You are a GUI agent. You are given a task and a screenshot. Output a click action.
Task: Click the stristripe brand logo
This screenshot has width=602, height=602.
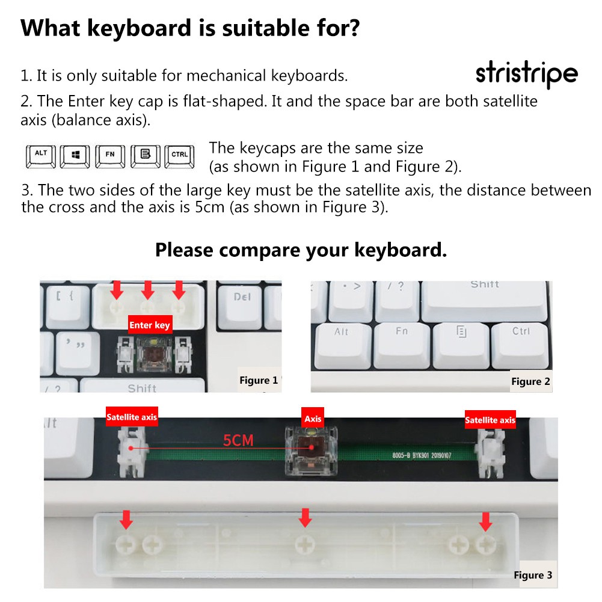click(x=526, y=75)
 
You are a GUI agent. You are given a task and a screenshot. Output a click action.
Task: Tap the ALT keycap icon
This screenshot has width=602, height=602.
click(x=41, y=155)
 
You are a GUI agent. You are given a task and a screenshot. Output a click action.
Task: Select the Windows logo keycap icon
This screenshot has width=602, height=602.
click(x=76, y=155)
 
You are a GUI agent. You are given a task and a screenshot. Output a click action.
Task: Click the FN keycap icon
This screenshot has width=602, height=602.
click(x=110, y=155)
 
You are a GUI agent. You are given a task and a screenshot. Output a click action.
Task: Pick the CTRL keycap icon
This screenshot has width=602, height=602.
click(x=179, y=155)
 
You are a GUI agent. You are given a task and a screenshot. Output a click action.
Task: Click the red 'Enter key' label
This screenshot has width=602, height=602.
click(x=150, y=325)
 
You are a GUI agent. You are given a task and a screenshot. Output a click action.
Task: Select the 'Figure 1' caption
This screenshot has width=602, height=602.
click(x=259, y=380)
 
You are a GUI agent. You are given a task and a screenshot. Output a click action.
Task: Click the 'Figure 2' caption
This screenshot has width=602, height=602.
click(x=530, y=381)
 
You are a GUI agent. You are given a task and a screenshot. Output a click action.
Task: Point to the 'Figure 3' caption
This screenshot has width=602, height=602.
click(x=532, y=575)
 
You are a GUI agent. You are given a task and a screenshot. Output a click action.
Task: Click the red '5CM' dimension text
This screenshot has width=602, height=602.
click(x=238, y=440)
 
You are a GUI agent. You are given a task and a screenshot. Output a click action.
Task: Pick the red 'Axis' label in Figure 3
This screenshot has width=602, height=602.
click(x=313, y=419)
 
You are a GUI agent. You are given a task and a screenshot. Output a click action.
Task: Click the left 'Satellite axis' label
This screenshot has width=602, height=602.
click(x=132, y=417)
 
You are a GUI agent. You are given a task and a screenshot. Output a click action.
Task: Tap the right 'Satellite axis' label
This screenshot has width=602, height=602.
click(x=490, y=420)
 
